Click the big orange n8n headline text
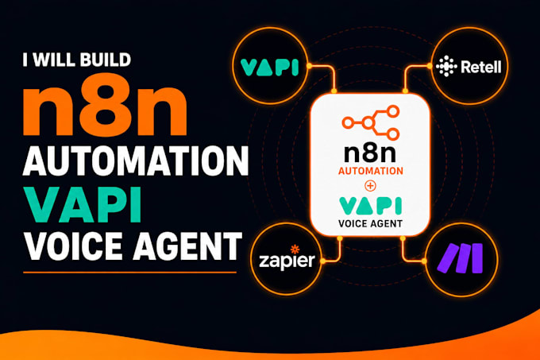105,104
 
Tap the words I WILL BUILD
77,60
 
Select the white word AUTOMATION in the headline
135,161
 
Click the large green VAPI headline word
83,204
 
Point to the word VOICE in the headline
73,246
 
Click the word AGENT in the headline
187,246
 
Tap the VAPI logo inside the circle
269,68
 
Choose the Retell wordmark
481,67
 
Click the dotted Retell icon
446,66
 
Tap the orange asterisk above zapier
295,249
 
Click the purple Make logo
461,258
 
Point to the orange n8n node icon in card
371,122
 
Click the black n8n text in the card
370,153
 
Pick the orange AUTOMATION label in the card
371,171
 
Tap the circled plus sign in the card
371,187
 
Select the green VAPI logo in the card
371,206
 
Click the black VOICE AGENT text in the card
371,224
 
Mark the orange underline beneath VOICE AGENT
129,273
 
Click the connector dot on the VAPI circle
309,66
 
